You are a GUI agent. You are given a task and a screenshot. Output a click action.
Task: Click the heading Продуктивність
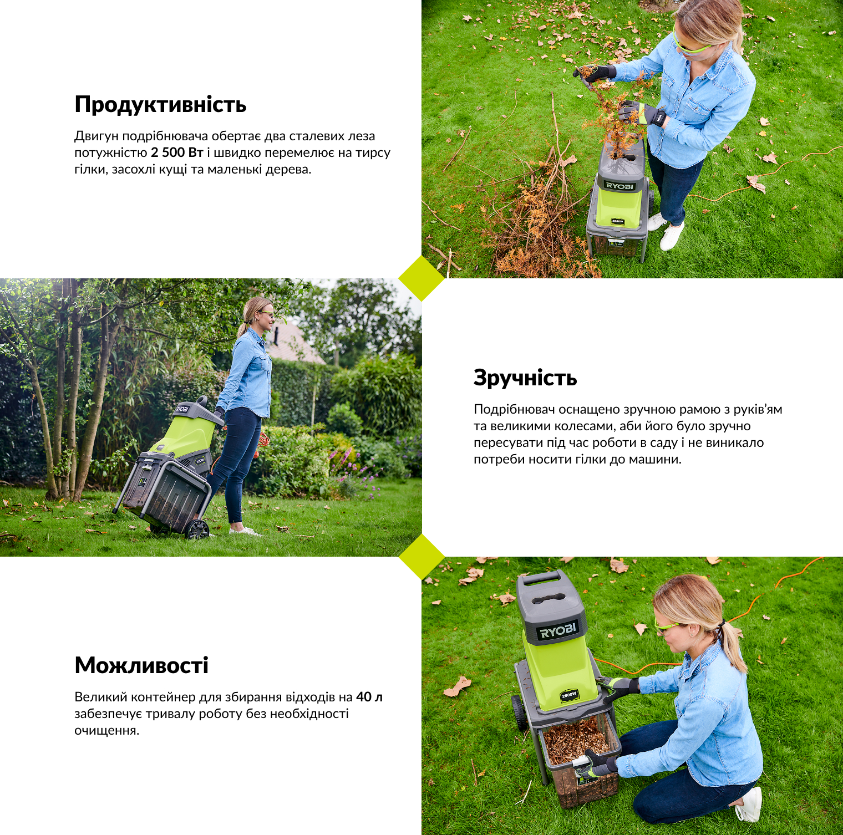(160, 105)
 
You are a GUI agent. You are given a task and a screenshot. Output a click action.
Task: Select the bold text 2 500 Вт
(177, 152)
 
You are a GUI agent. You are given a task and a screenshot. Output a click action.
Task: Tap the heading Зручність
(525, 378)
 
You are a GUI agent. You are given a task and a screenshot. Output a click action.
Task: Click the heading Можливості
(141, 665)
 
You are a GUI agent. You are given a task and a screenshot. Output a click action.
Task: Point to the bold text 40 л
(369, 697)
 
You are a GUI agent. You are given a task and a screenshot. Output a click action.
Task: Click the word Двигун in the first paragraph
(96, 136)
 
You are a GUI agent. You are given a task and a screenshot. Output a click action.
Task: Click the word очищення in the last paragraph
(105, 731)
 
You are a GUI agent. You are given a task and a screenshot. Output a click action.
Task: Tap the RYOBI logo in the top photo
(619, 186)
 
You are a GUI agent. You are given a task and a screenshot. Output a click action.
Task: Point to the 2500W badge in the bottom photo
(569, 695)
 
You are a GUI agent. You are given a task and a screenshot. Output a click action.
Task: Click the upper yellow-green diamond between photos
(421, 278)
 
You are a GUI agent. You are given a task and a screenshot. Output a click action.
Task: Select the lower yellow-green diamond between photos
(421, 557)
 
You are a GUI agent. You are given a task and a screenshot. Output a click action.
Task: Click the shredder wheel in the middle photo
(197, 529)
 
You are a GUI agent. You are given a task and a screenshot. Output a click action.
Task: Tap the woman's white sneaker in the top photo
(672, 236)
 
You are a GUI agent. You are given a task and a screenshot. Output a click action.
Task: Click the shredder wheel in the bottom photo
(520, 712)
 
